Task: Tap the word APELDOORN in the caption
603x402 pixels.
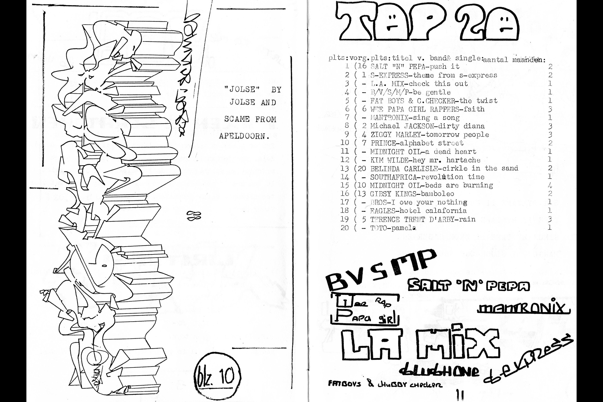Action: (x=244, y=137)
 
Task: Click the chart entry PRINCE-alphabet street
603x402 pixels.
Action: (x=417, y=143)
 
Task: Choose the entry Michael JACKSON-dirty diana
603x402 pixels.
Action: (x=427, y=126)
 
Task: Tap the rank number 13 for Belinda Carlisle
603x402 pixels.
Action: (x=345, y=168)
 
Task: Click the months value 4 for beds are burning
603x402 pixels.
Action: (x=550, y=185)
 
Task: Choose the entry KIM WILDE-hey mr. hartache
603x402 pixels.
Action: (x=425, y=160)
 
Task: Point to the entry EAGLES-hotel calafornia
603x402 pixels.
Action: (x=418, y=211)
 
